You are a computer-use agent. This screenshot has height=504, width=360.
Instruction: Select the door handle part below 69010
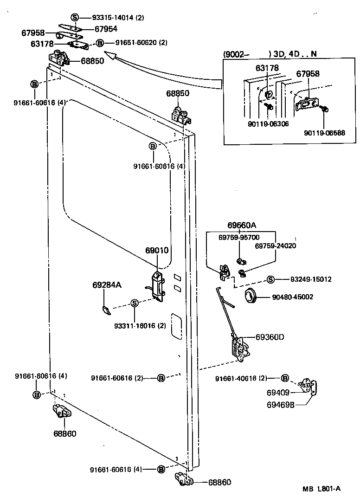click(158, 286)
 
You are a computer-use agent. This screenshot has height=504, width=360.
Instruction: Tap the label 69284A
click(107, 285)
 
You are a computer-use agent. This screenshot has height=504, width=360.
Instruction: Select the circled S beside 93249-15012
click(271, 279)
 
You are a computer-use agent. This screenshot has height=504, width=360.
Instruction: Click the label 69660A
click(242, 226)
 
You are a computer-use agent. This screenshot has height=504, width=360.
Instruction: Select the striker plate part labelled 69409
click(308, 386)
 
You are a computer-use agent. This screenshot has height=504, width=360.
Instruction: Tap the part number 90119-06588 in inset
click(325, 133)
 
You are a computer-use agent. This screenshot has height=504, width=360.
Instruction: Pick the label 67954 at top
click(107, 29)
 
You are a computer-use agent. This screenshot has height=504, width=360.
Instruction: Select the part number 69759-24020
click(276, 246)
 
